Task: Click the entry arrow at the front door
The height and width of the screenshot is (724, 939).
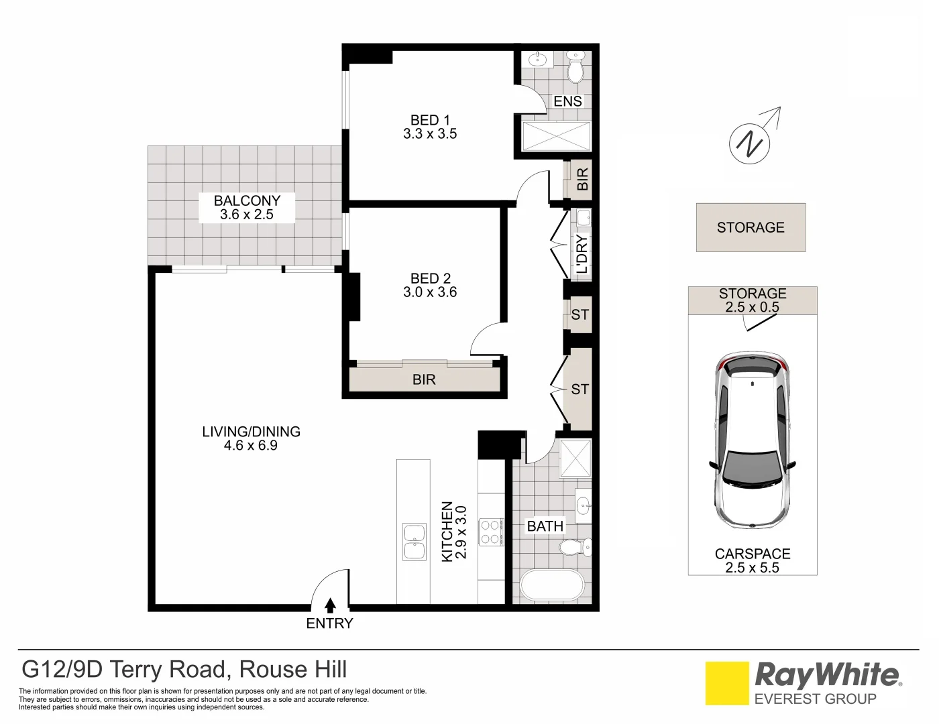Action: (329, 605)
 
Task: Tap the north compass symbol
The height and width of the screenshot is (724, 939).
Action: (750, 143)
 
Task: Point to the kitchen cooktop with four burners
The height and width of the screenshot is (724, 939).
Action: (490, 532)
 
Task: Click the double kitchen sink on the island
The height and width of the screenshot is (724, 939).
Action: (413, 542)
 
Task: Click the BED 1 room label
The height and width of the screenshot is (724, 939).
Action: (430, 121)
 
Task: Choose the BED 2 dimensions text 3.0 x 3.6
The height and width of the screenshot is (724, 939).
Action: (430, 292)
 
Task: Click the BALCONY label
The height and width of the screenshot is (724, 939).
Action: (247, 200)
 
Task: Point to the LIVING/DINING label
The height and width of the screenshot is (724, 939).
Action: (251, 432)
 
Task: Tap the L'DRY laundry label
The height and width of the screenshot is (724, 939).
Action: (582, 253)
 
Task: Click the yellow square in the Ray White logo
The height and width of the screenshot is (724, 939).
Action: (727, 683)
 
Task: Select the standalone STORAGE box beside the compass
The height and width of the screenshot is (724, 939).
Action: (751, 228)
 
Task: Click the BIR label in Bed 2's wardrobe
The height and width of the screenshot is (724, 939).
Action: (424, 380)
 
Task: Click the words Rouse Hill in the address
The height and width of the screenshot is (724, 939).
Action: (293, 669)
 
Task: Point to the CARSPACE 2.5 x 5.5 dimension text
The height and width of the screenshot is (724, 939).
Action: (753, 568)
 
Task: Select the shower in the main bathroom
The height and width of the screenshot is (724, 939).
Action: (575, 458)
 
